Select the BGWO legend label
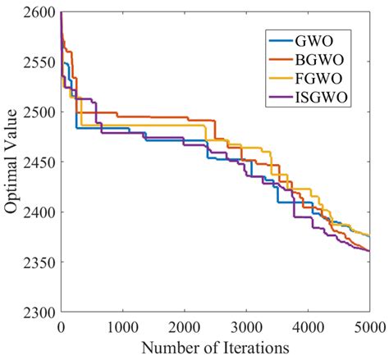(323, 59)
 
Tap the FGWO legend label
(323, 80)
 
